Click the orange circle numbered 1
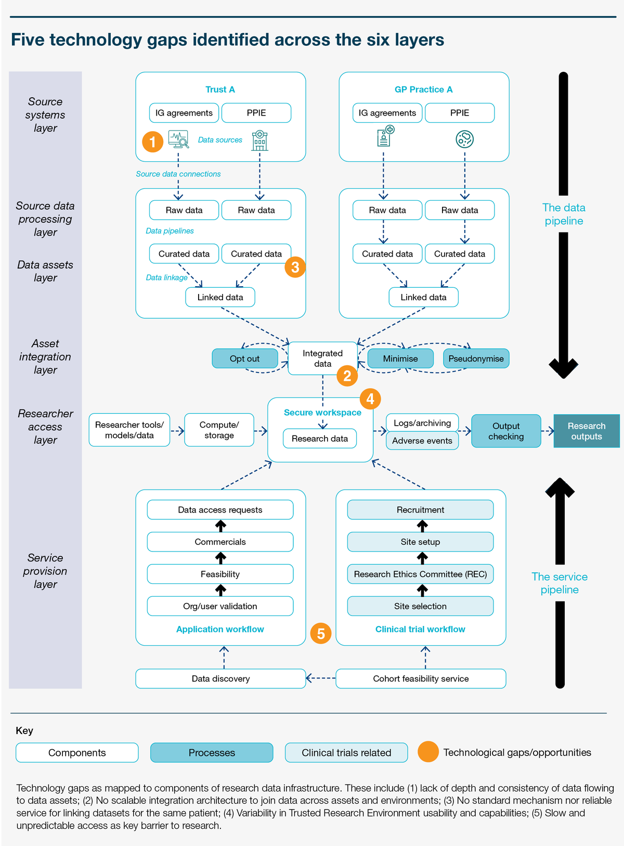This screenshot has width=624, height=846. coord(152,142)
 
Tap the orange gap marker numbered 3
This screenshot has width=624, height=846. coord(295,266)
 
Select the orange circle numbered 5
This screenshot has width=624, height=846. coord(320,633)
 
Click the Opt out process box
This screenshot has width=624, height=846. coord(244,358)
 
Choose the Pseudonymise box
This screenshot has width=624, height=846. coord(476,358)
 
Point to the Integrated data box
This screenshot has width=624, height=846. coord(322,358)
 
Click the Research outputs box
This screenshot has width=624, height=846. coord(586,431)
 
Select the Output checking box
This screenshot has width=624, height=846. coord(506,431)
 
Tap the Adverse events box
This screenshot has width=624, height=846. coord(422,441)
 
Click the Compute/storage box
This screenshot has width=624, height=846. coord(219,429)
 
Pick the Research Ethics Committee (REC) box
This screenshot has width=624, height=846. coord(420,574)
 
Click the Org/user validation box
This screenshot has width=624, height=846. coord(220,606)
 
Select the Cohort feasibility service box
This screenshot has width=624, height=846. coord(421,678)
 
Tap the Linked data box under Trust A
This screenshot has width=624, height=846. coord(220,297)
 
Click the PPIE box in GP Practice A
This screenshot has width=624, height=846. coord(459,112)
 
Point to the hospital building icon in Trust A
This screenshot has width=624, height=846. coord(259,140)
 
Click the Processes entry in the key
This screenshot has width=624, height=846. coord(212,752)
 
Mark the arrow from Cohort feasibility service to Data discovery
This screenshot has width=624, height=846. coord(320,678)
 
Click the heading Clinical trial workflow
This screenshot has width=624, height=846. coord(420,629)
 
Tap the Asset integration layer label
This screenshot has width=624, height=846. coord(45,356)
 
